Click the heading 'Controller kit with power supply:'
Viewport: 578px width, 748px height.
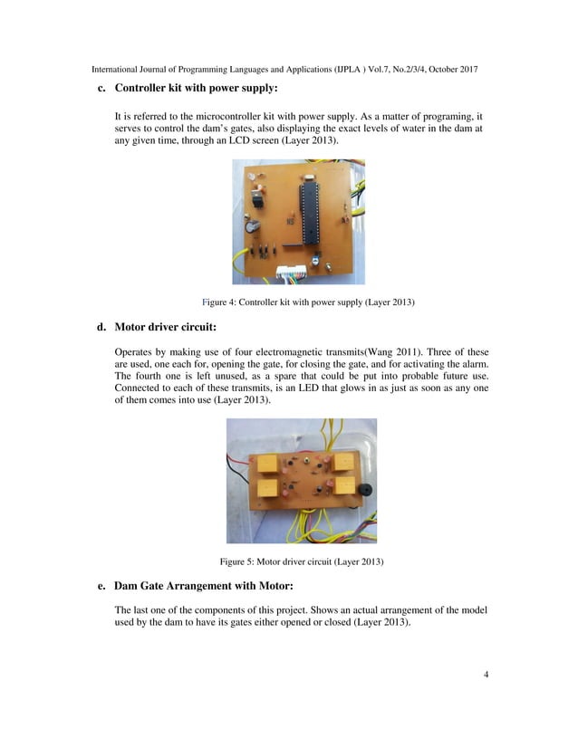pyautogui.click(x=196, y=89)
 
